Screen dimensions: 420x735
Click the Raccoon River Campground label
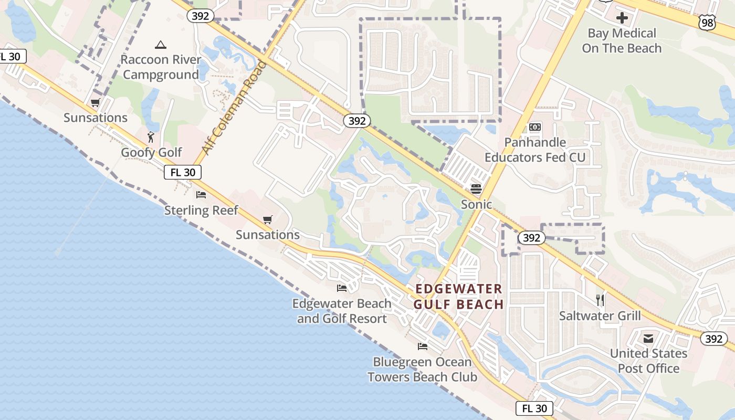(x=161, y=67)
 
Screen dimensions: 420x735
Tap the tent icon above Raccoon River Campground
(x=161, y=45)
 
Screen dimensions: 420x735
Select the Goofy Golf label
(x=151, y=153)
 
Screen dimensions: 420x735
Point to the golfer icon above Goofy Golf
(x=151, y=138)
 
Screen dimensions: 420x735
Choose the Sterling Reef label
(x=201, y=211)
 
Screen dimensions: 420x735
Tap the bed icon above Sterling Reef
(x=201, y=195)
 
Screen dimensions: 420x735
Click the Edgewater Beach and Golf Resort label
(x=342, y=311)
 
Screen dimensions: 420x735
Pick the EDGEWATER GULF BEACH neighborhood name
(x=458, y=297)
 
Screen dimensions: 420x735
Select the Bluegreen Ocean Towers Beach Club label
(x=422, y=370)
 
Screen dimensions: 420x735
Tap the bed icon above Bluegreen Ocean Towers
(x=422, y=346)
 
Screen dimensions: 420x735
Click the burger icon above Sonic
(x=476, y=190)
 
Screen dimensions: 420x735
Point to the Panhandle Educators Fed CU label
(x=534, y=150)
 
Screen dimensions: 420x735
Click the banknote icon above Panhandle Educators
(x=535, y=127)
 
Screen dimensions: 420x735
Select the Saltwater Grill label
(x=600, y=316)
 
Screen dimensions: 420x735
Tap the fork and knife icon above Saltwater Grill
(x=600, y=300)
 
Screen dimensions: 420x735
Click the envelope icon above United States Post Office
(x=648, y=339)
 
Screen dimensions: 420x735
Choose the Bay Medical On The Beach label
(x=622, y=41)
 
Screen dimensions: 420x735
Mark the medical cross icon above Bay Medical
(x=622, y=18)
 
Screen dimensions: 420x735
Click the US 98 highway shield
(x=707, y=22)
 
